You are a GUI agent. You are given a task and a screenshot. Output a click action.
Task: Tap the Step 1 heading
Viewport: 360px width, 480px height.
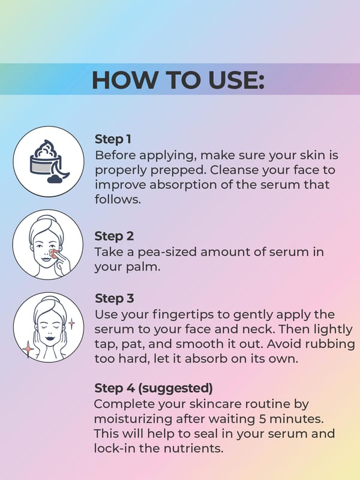coord(113,139)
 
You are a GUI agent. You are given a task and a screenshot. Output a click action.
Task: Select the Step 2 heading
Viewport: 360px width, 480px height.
coord(114,236)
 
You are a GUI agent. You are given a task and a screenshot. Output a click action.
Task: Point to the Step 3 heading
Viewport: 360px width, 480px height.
coord(114,298)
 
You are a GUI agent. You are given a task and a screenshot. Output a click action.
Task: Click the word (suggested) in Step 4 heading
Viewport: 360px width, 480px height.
coord(175,388)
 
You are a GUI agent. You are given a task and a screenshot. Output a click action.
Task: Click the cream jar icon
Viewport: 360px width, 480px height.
coord(49,161)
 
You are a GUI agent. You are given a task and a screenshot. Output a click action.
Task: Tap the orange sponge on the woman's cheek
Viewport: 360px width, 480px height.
coord(54,253)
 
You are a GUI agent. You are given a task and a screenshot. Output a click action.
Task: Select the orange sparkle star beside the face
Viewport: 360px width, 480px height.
coord(28,349)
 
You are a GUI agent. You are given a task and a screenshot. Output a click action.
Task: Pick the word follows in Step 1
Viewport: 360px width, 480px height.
coord(118,199)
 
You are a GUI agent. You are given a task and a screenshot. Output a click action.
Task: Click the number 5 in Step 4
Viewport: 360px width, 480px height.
coord(262,419)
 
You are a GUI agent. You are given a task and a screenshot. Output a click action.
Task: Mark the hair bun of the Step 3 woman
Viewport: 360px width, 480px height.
coord(49,298)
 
